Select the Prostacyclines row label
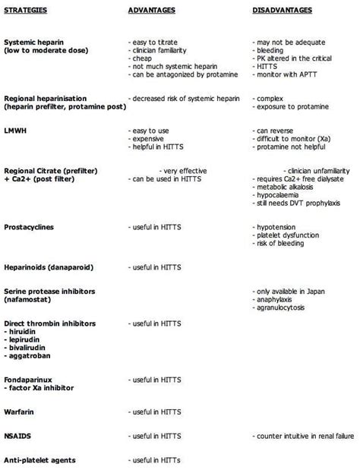[x=28, y=227]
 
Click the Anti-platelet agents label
[x=39, y=460]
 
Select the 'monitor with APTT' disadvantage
[x=284, y=74]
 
